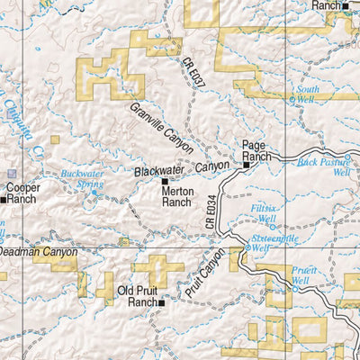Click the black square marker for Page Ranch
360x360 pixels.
click(246, 165)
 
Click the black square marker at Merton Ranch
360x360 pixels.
click(164, 182)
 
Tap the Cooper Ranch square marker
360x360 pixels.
click(4, 200)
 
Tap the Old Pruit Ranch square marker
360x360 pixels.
click(162, 303)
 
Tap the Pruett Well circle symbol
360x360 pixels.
click(293, 288)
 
